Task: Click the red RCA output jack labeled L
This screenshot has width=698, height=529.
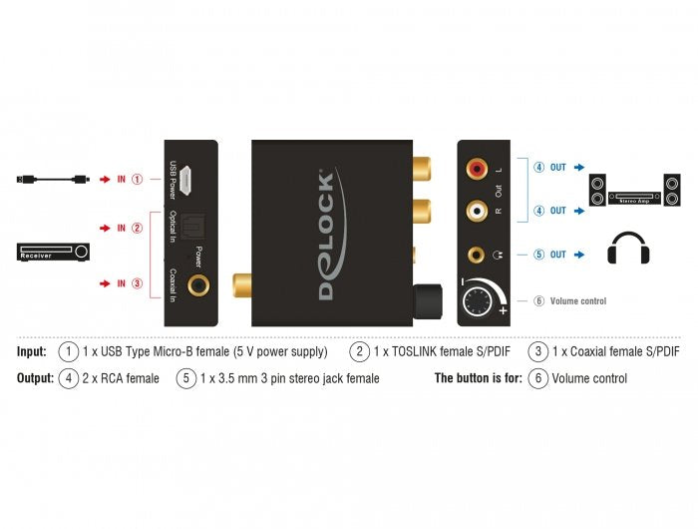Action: click(475, 170)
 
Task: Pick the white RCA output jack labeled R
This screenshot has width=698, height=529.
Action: click(475, 211)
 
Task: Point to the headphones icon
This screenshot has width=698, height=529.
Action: click(628, 249)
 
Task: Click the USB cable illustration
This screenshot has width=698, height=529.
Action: click(54, 180)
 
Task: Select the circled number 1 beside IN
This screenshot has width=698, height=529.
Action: click(138, 180)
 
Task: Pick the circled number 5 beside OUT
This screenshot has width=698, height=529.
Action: click(537, 255)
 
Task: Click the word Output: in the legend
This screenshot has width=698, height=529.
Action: click(35, 378)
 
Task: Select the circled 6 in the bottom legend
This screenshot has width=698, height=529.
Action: click(538, 378)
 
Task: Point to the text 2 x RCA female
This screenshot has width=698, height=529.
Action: click(122, 378)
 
